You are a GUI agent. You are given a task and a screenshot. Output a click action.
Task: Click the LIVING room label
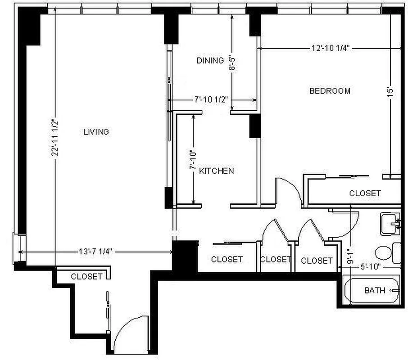[96, 132]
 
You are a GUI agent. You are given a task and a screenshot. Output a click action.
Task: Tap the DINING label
[210, 60]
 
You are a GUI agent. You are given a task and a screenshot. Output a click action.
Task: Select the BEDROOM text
[330, 91]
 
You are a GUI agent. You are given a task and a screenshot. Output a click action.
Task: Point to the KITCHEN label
[217, 171]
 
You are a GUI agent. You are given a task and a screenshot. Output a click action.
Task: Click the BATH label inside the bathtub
[375, 290]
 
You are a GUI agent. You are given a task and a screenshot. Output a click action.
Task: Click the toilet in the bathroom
[384, 253]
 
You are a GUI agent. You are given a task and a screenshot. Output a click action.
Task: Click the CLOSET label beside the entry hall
[86, 276]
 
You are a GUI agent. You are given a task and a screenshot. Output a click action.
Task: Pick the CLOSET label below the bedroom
[365, 193]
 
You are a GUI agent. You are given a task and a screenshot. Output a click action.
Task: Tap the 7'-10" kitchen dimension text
[193, 160]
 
